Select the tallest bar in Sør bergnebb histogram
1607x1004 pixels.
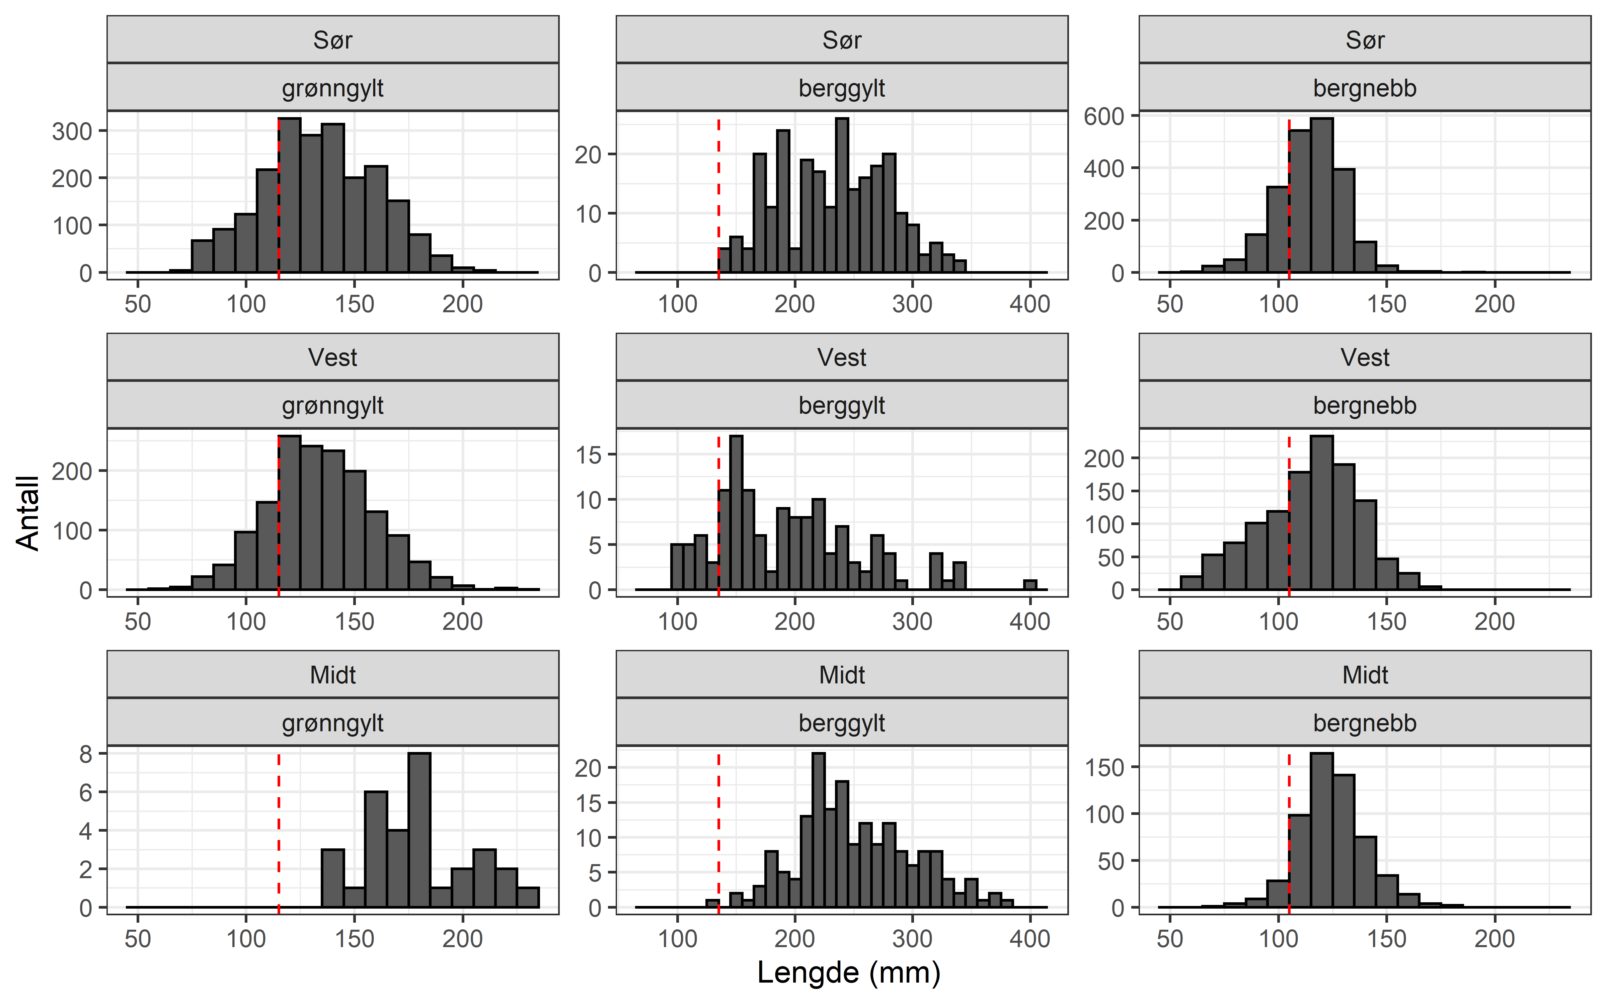1321,196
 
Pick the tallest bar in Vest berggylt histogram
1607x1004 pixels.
736,513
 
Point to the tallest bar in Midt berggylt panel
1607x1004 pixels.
819,830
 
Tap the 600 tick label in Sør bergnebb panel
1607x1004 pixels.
1104,117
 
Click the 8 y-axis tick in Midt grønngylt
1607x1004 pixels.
86,754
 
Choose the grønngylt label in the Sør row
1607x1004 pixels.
333,88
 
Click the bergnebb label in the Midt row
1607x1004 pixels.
1365,723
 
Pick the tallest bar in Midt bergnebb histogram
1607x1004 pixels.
1321,830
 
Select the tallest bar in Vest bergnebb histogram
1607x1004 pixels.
1321,513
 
